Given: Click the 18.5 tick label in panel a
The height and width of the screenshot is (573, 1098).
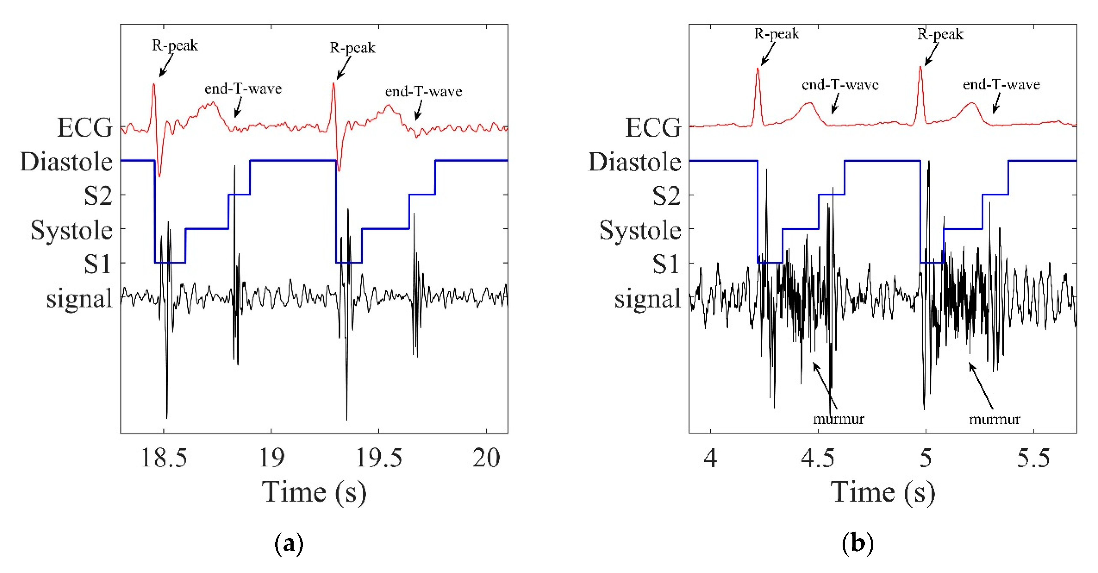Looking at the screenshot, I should tap(164, 459).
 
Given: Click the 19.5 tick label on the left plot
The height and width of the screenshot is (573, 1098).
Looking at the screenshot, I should tap(379, 459).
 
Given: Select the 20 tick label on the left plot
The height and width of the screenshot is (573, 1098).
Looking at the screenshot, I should tap(486, 459).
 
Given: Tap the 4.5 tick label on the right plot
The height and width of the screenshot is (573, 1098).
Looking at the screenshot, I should tap(818, 459).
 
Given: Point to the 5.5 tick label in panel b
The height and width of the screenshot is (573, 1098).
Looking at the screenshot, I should tap(1033, 459).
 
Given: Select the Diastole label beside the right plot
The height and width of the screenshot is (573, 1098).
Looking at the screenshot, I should tap(635, 162).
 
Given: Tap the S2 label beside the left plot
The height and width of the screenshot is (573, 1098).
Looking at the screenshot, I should tap(98, 197).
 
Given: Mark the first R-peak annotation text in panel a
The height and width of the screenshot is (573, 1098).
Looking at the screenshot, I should tap(175, 45).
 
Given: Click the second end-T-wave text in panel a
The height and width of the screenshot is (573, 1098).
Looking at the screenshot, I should tap(423, 92).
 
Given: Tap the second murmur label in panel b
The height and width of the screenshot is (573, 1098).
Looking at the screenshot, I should tap(994, 419).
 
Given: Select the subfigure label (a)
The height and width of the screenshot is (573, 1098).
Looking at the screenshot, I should tap(289, 544).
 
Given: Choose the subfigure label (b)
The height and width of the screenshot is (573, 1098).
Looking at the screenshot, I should tap(857, 544).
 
